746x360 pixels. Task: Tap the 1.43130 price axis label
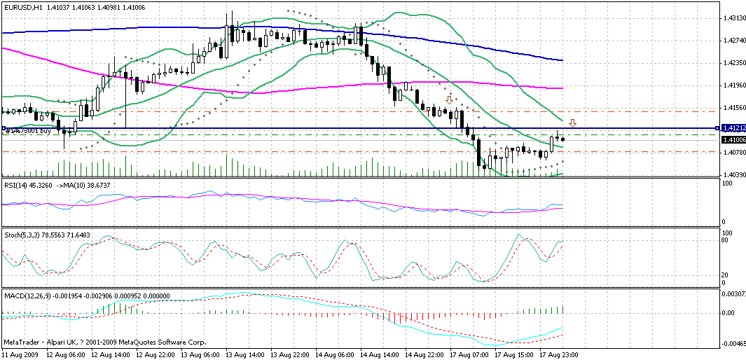tap(733, 18)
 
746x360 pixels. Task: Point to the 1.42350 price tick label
tap(733, 63)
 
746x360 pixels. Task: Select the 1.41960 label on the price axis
tap(733, 85)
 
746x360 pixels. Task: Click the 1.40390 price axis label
tap(733, 175)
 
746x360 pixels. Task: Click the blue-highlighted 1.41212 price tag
tap(732, 128)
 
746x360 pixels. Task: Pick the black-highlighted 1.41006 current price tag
tap(732, 140)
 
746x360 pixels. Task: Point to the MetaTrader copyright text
tap(104, 342)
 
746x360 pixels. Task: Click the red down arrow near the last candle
tap(572, 123)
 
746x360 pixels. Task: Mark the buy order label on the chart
tap(28, 131)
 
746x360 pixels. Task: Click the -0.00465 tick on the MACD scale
tap(732, 345)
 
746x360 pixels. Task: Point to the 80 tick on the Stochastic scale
tap(726, 240)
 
